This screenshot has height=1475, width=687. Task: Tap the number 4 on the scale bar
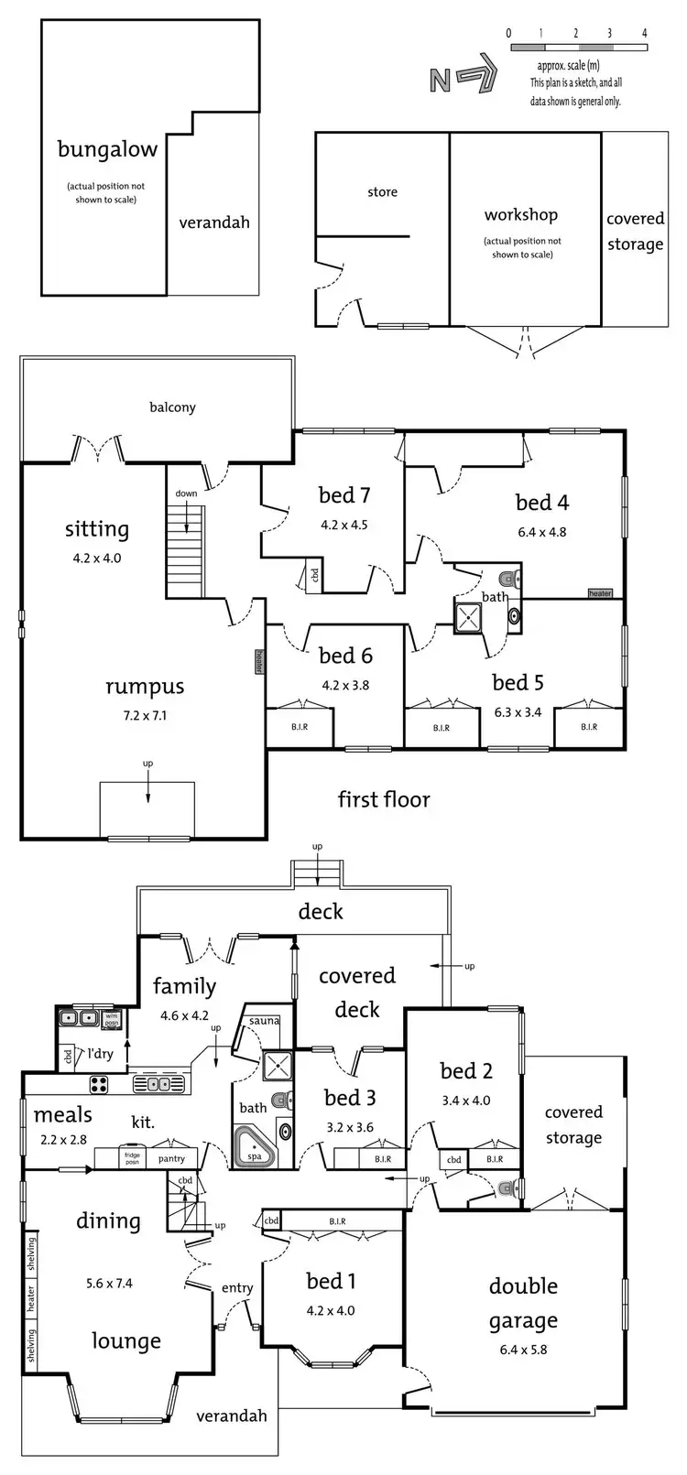click(x=645, y=33)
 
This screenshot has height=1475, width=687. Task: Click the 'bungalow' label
click(x=107, y=149)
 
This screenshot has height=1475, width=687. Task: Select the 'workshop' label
click(x=521, y=215)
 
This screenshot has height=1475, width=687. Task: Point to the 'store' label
click(x=382, y=192)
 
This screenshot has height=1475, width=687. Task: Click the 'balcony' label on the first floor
click(x=172, y=407)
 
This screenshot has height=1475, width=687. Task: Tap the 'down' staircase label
click(x=186, y=493)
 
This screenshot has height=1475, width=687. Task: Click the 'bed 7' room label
click(x=344, y=495)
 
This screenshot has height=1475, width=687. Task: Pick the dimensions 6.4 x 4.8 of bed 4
click(x=541, y=532)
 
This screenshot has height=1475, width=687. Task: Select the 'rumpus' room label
click(x=145, y=687)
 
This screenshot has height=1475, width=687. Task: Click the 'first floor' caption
click(x=384, y=799)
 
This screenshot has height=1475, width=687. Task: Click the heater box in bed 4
click(x=600, y=593)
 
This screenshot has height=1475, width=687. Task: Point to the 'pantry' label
click(x=171, y=1158)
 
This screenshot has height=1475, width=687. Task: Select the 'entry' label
click(x=237, y=1288)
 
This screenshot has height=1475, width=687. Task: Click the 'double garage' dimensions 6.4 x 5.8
click(x=523, y=1350)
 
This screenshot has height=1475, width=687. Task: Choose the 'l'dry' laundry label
click(x=101, y=1054)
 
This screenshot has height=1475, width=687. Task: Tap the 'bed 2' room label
click(x=466, y=1071)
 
